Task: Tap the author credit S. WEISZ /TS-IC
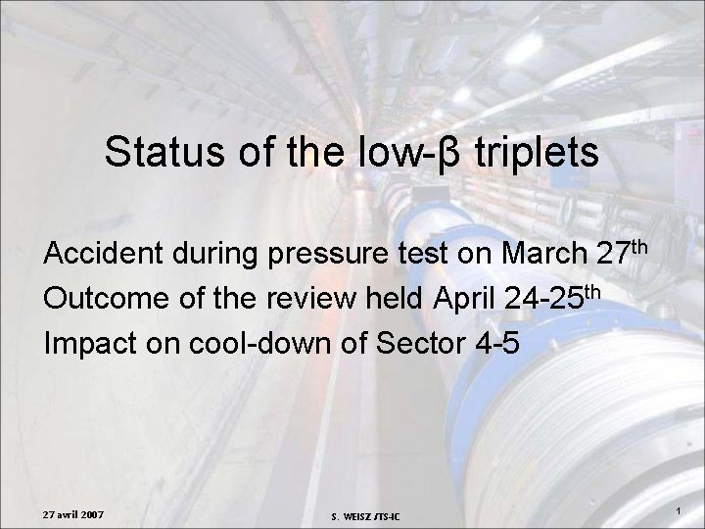[x=371, y=516]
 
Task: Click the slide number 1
[x=680, y=512]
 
